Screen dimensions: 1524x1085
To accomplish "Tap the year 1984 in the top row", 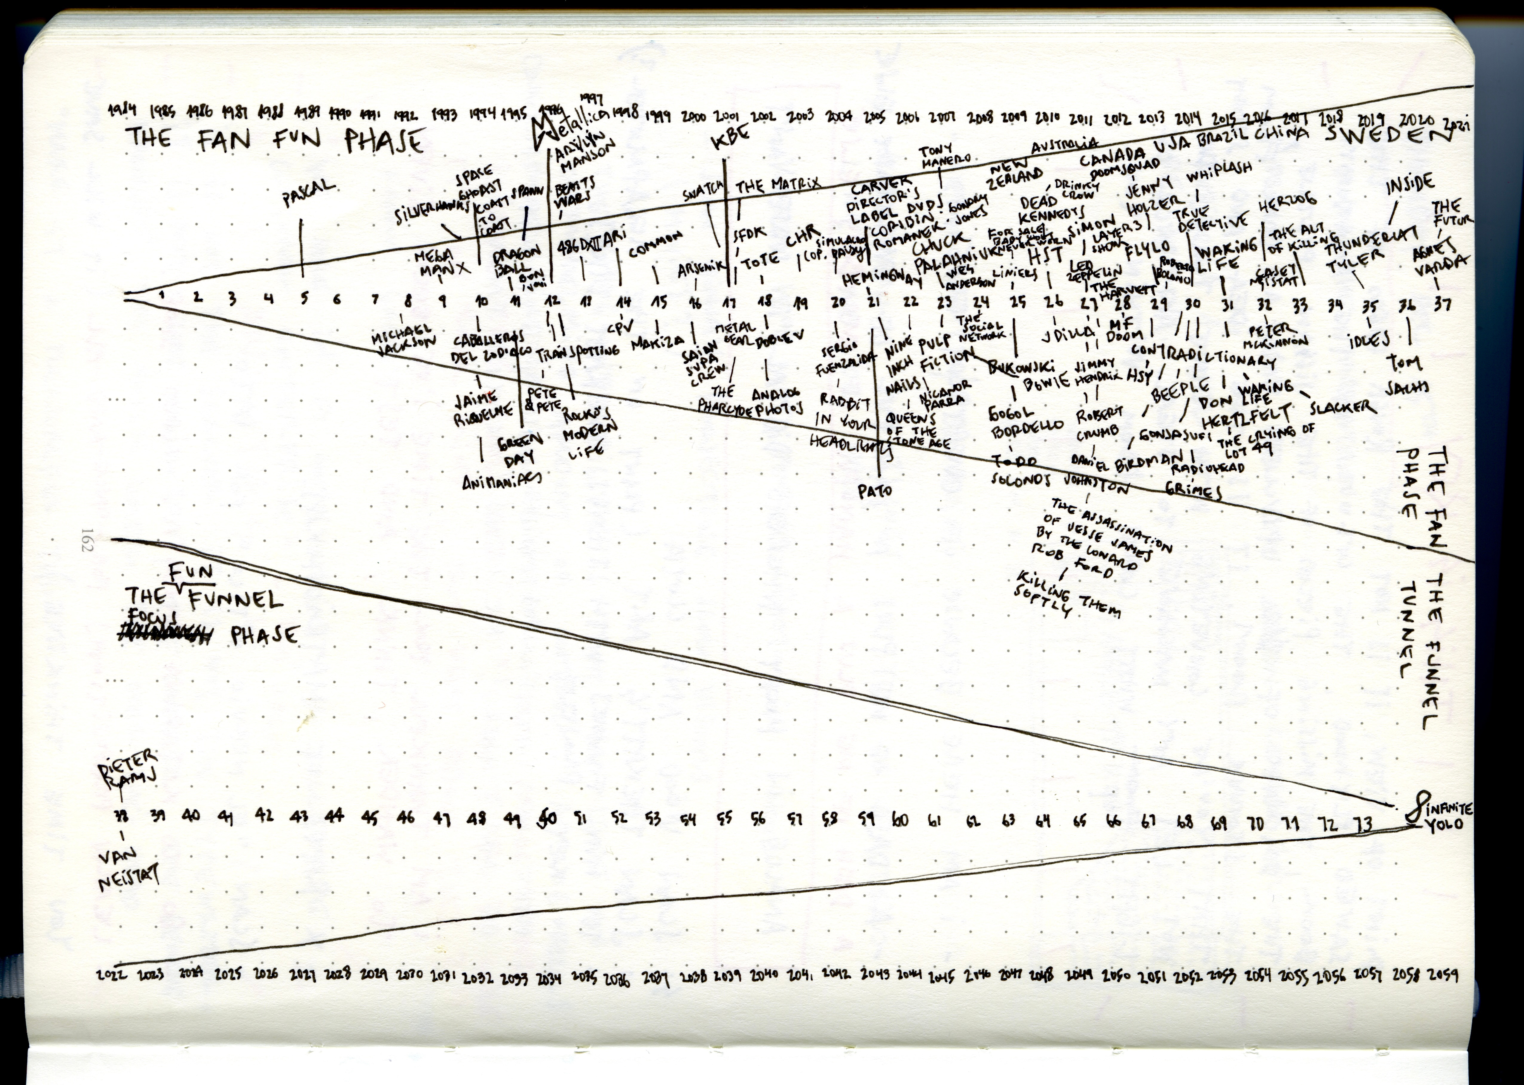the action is click(x=122, y=111).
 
